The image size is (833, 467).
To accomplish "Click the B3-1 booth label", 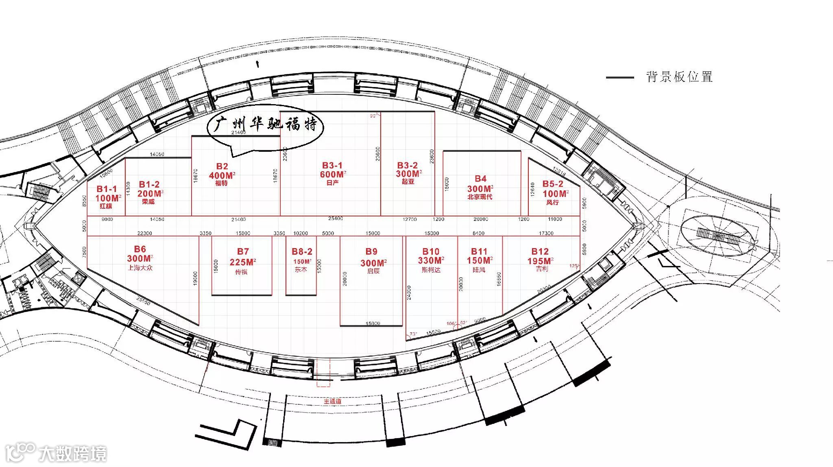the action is [332, 166].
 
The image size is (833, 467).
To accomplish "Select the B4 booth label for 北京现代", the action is [480, 179].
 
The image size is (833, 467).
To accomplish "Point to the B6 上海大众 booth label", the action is [140, 249].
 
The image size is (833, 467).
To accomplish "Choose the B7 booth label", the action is [243, 252].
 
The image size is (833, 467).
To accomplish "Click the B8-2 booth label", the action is [302, 252].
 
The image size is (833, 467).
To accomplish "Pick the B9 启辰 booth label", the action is [371, 252].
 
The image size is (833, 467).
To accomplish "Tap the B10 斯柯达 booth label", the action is [431, 252].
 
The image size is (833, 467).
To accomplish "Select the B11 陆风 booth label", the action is [479, 252].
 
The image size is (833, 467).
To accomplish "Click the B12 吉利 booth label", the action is [540, 252].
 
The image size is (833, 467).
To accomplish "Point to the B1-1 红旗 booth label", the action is [107, 189].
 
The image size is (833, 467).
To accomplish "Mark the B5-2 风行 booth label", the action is [553, 184].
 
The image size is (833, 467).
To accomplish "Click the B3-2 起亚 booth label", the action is [408, 166].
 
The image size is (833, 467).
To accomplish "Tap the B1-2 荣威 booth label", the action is [149, 185].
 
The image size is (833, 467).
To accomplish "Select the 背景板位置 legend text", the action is [679, 77].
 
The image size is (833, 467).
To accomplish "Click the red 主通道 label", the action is [332, 402].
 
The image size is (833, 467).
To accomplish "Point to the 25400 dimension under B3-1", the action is [336, 219].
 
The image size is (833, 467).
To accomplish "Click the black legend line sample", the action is [620, 77].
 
